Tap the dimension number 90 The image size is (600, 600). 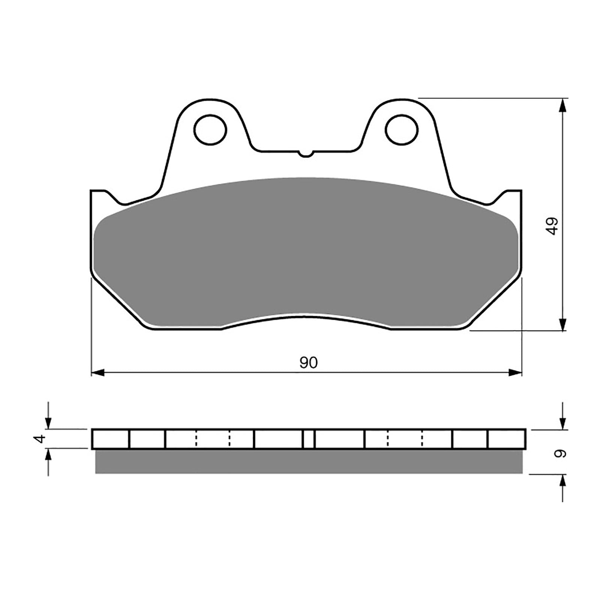pos(309,363)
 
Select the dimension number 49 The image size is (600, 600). pos(552,226)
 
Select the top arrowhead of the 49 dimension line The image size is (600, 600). pos(562,106)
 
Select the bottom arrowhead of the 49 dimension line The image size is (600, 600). pos(562,324)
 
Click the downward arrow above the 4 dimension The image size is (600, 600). pos(48,423)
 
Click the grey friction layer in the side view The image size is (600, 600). pos(308,462)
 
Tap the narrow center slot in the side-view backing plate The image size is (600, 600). pos(309,439)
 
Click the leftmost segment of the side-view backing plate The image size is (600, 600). pos(111,439)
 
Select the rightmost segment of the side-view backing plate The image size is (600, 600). pos(506,439)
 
